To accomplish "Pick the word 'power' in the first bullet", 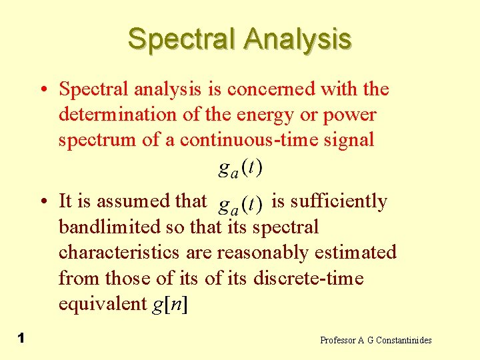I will click(x=349, y=115).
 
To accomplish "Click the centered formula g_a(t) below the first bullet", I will click(x=240, y=168).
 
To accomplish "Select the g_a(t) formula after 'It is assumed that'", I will click(x=240, y=202).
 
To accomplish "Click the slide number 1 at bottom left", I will click(x=21, y=339).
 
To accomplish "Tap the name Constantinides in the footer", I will click(x=404, y=340).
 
